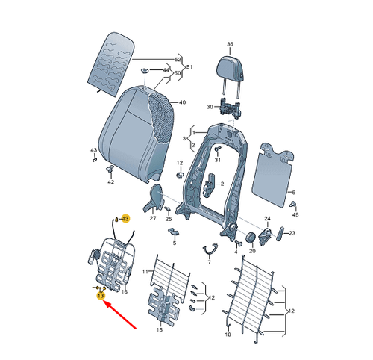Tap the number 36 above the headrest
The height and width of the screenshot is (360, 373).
[x=230, y=44]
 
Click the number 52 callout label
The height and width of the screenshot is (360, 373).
[x=178, y=58]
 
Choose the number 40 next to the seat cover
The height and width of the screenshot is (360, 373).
[x=182, y=103]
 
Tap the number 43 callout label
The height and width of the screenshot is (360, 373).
[x=93, y=150]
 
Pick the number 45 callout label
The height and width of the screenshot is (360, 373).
[x=295, y=214]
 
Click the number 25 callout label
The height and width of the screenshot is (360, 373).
[x=169, y=220]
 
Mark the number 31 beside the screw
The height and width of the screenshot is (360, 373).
[x=219, y=159]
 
